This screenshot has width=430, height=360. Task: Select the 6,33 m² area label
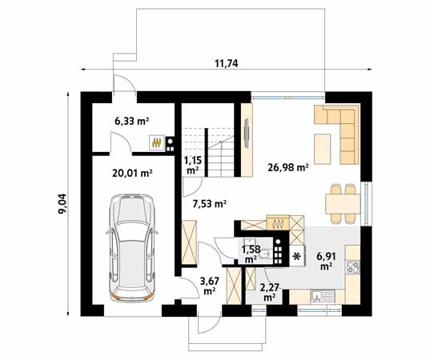(132, 122)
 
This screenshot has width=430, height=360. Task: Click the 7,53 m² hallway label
(209, 204)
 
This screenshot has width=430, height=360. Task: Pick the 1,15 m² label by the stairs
(193, 165)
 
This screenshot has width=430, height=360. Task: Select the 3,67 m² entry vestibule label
(209, 285)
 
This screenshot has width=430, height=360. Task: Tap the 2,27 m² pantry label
(269, 291)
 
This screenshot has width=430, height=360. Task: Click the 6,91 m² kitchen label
(326, 261)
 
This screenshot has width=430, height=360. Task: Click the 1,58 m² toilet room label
(250, 254)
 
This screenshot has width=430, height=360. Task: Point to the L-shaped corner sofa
(340, 128)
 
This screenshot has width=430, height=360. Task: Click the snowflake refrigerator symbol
(297, 257)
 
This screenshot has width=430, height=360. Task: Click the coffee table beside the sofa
(322, 147)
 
